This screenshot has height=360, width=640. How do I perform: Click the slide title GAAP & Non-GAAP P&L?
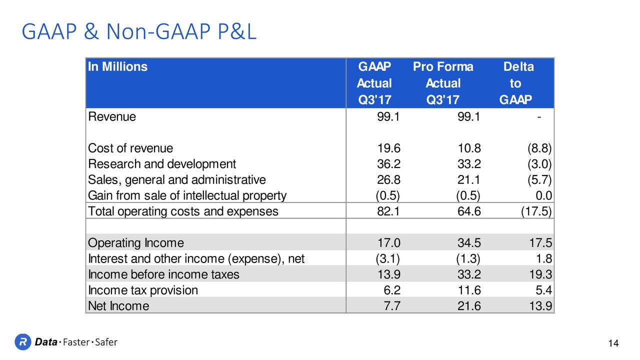tap(139, 31)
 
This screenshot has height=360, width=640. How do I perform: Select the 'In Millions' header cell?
tap(117, 66)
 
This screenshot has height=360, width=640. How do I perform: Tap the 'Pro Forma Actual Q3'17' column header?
tap(443, 83)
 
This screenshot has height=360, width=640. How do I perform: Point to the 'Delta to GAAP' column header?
tap(516, 83)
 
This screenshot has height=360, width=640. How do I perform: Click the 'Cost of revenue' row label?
tap(130, 148)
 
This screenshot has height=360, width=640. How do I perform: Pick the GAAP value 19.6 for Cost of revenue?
tap(388, 148)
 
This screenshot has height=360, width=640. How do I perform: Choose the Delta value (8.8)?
tap(539, 148)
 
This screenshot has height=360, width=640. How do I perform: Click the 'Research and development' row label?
tap(162, 164)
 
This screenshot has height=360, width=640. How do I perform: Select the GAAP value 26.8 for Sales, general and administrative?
tap(388, 179)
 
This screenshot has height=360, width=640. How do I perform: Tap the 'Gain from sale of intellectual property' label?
tap(187, 195)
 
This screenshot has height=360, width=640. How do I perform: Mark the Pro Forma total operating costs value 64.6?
tap(469, 211)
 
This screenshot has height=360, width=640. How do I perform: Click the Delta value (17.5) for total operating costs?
tap(536, 211)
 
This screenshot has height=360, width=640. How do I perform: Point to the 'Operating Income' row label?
tap(136, 243)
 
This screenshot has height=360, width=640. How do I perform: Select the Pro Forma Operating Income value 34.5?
tap(469, 243)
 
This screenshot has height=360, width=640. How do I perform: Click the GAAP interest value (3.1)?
tap(387, 258)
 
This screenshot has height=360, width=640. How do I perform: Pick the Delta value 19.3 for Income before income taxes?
tap(540, 274)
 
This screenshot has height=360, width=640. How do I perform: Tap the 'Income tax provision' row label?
tap(143, 290)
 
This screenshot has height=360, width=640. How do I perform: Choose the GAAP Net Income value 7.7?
tap(391, 306)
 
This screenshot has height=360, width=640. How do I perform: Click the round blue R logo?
tap(23, 341)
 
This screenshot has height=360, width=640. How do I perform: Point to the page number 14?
tap(613, 343)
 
